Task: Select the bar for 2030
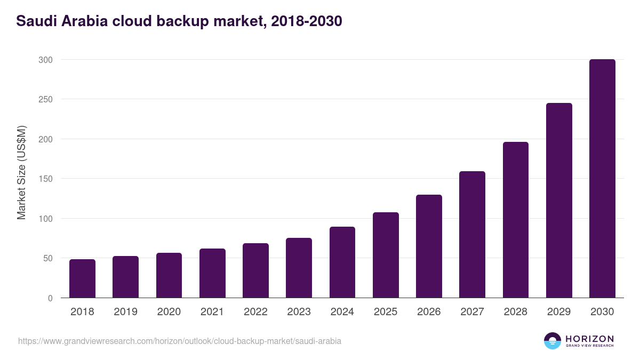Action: [602, 179]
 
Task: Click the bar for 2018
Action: [82, 278]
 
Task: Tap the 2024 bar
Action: [342, 262]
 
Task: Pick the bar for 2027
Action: [472, 235]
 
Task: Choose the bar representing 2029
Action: [559, 201]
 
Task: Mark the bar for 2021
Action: [212, 273]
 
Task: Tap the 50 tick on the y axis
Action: [47, 258]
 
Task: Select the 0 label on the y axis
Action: [50, 298]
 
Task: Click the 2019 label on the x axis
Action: [125, 312]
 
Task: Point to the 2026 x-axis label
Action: [429, 312]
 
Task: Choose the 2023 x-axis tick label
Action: [299, 312]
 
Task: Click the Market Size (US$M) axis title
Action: [21, 172]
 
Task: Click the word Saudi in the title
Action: [37, 21]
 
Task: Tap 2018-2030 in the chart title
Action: [306, 21]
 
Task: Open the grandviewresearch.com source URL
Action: [180, 341]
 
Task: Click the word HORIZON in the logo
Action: [589, 338]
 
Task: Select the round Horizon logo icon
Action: [553, 341]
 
